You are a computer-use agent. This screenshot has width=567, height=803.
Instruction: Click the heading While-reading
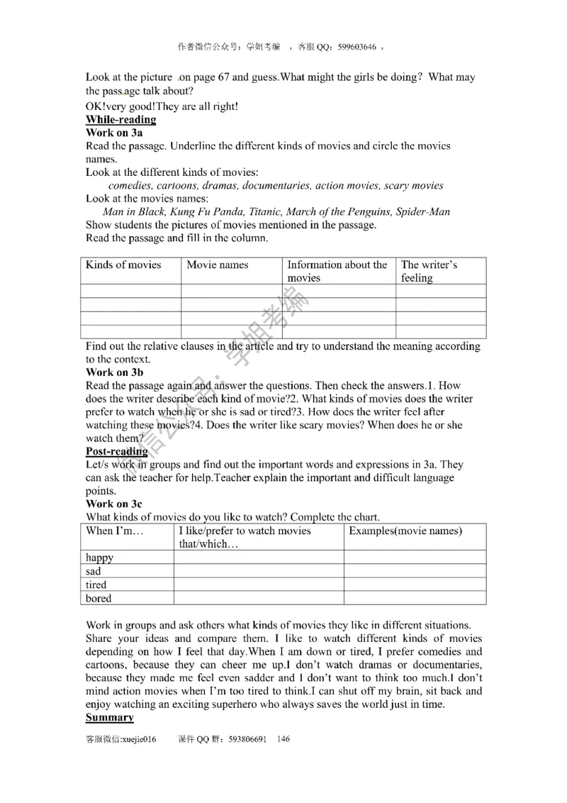(x=120, y=119)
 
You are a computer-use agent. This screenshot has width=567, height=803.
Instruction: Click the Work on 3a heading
(x=114, y=133)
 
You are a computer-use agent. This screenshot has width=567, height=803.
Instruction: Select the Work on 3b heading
(x=115, y=372)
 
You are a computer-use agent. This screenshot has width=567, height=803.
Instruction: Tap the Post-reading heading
(x=117, y=451)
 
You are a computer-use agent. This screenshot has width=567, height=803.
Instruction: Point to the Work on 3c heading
(x=114, y=504)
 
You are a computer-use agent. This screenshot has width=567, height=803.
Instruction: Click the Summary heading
(x=110, y=717)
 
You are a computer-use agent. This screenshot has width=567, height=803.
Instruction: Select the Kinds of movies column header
(x=123, y=265)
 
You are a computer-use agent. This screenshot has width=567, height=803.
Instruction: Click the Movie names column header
(x=218, y=265)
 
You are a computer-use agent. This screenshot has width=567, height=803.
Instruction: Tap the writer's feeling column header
(x=429, y=271)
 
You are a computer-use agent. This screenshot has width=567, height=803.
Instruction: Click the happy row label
(x=100, y=558)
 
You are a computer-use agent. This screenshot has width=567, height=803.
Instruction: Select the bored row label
(x=99, y=598)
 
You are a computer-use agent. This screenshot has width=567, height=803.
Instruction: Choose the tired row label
(x=96, y=585)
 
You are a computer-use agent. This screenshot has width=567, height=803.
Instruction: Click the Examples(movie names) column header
(x=405, y=531)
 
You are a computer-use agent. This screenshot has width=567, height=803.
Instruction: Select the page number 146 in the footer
(x=283, y=739)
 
